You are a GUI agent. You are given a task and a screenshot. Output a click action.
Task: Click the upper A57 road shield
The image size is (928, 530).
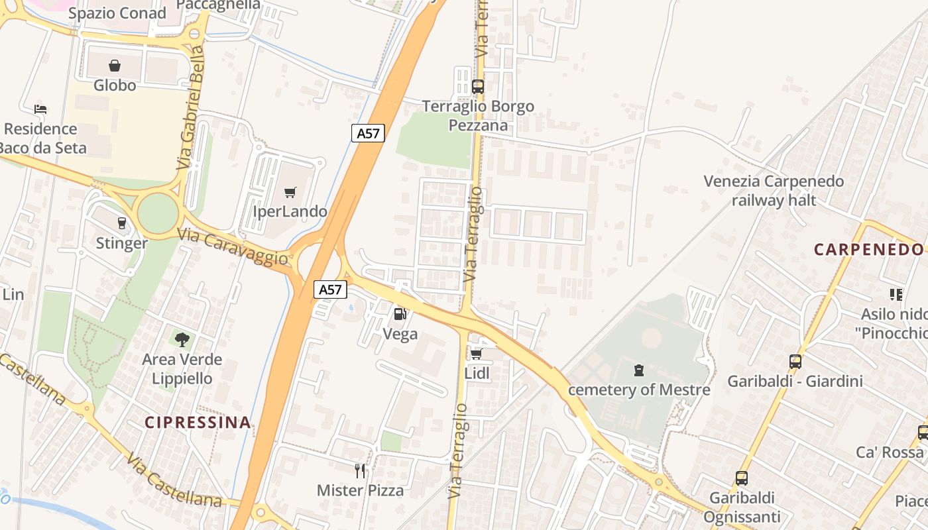tap(368, 133)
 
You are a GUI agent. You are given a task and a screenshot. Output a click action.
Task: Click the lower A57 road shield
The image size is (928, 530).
tap(330, 290)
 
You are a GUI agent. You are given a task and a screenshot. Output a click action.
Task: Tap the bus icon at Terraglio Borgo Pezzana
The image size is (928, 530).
tap(477, 86)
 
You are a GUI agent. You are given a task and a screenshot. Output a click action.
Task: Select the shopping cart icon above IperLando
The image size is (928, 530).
tap(290, 193)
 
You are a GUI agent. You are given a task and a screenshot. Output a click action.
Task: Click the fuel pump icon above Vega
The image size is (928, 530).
tap(400, 314)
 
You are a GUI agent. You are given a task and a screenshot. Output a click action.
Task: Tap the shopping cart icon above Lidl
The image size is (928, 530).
tap(476, 354)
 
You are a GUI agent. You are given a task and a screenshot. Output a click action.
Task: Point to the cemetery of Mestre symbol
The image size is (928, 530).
tap(639, 370)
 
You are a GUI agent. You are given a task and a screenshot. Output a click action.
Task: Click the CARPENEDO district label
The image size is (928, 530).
tap(868, 250)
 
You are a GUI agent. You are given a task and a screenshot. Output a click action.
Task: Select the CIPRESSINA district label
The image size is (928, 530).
tap(198, 422)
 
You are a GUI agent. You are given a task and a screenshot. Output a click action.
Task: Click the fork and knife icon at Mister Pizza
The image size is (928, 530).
tap(360, 471)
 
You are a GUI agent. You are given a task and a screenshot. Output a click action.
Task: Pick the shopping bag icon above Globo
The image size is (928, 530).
tap(115, 66)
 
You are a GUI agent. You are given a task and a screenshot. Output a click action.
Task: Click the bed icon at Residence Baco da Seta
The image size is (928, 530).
tap(40, 109)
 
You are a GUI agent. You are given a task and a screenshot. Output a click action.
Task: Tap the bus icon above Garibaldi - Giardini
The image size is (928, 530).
tap(795, 362)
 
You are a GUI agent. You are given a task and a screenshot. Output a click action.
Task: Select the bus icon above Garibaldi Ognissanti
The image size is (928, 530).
tap(741, 478)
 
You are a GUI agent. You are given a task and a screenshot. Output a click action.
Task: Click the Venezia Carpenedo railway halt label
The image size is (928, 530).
tap(774, 191)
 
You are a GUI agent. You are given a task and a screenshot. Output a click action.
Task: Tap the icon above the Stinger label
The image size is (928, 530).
tap(121, 223)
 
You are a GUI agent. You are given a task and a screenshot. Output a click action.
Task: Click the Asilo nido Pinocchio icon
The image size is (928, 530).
tap(896, 295)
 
